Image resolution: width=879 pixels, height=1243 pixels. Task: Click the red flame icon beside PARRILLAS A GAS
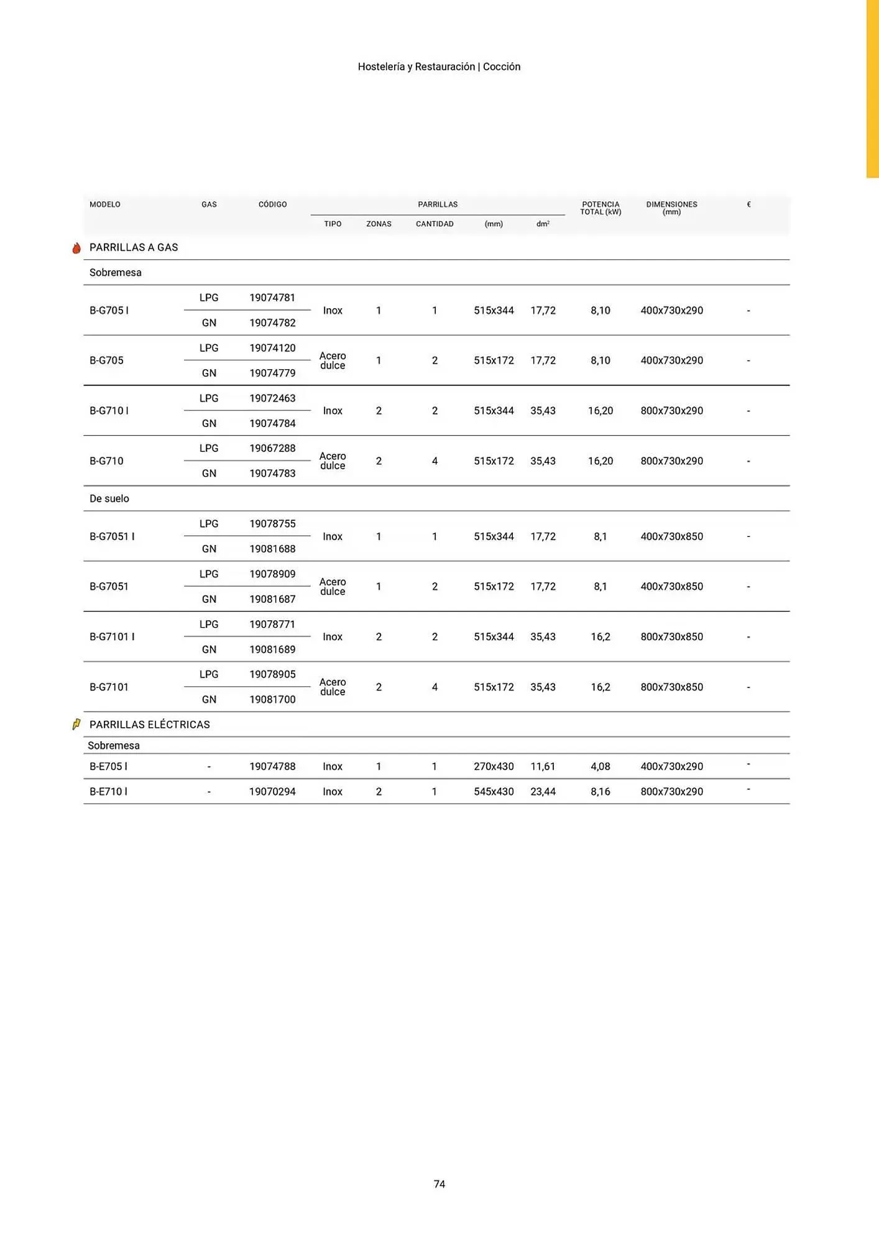click(x=76, y=248)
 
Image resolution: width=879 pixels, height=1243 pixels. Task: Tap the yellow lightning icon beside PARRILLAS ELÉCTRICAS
click(x=76, y=724)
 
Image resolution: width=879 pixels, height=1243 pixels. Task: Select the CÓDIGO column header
click(x=272, y=204)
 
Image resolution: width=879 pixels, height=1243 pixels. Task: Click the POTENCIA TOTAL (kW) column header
click(x=601, y=208)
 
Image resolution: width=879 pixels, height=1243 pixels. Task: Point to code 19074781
click(x=272, y=298)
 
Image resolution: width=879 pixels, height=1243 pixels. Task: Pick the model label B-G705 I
click(x=109, y=310)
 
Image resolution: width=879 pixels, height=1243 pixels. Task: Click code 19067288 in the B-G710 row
click(x=272, y=448)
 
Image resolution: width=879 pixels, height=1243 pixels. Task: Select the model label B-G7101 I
click(x=112, y=636)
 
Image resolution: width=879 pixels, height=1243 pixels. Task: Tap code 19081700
click(x=272, y=699)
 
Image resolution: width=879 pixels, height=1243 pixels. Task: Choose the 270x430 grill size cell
click(x=494, y=766)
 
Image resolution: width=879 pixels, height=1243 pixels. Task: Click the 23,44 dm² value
click(x=543, y=791)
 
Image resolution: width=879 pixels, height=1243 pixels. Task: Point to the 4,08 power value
click(x=601, y=766)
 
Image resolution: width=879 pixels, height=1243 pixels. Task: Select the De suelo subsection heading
click(x=109, y=498)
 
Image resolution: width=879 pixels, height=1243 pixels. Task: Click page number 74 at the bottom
click(x=439, y=1184)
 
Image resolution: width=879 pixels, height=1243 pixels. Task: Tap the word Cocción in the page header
click(x=502, y=67)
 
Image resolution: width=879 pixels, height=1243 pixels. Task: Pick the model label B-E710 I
click(x=108, y=791)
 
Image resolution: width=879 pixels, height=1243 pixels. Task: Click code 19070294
click(x=272, y=791)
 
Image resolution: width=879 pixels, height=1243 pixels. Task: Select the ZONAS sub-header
click(x=379, y=224)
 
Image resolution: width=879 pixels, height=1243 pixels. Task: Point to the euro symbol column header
click(x=748, y=204)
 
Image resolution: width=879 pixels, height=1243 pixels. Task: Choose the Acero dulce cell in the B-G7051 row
click(x=333, y=587)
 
